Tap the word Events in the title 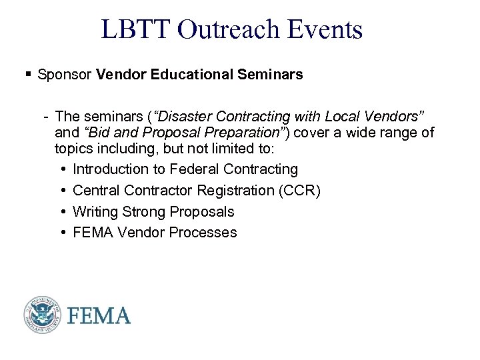click(x=329, y=30)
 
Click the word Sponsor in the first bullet click(x=64, y=75)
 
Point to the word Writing click(x=96, y=211)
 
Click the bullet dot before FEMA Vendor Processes click(x=61, y=233)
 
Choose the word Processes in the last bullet click(x=205, y=233)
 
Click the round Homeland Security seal click(x=43, y=314)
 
